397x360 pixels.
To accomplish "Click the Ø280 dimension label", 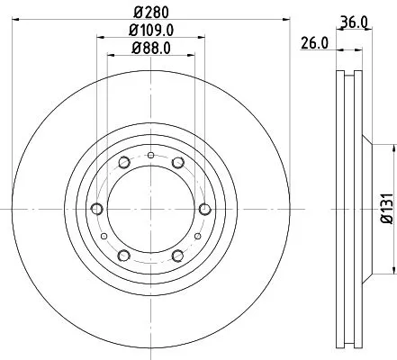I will tap(150, 13).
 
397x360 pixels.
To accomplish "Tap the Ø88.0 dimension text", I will tap(150, 47).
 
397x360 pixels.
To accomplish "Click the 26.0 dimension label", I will tap(313, 41).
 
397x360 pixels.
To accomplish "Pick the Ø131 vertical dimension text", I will tap(384, 208).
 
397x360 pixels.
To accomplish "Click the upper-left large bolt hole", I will tap(122, 163).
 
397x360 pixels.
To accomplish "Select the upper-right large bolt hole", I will tap(178, 163).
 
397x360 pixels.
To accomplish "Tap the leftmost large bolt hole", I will tap(95, 210).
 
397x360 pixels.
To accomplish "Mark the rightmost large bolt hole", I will tap(205, 210).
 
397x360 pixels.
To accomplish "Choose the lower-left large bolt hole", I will tap(122, 256).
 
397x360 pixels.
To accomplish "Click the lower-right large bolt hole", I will tap(178, 256).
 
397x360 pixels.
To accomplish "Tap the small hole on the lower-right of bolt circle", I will tap(197, 237).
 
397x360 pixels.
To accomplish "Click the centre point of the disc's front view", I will tap(150, 210).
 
